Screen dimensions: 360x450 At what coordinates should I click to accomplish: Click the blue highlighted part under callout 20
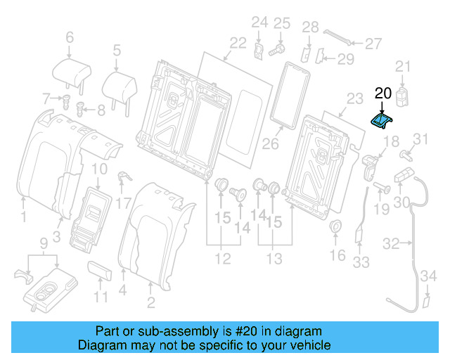click(x=382, y=122)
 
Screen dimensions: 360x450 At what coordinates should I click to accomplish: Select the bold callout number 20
click(x=382, y=93)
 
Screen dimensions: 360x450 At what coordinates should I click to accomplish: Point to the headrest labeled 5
click(x=119, y=85)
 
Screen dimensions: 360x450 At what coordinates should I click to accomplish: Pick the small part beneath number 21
click(x=403, y=96)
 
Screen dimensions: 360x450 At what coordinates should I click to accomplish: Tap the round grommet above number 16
click(x=335, y=227)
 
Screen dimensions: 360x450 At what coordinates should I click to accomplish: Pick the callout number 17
click(x=124, y=205)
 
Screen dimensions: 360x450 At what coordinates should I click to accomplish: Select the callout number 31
click(x=419, y=138)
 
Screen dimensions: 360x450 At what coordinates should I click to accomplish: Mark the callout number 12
click(x=222, y=259)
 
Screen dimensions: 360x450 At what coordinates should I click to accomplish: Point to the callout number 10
click(x=99, y=169)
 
